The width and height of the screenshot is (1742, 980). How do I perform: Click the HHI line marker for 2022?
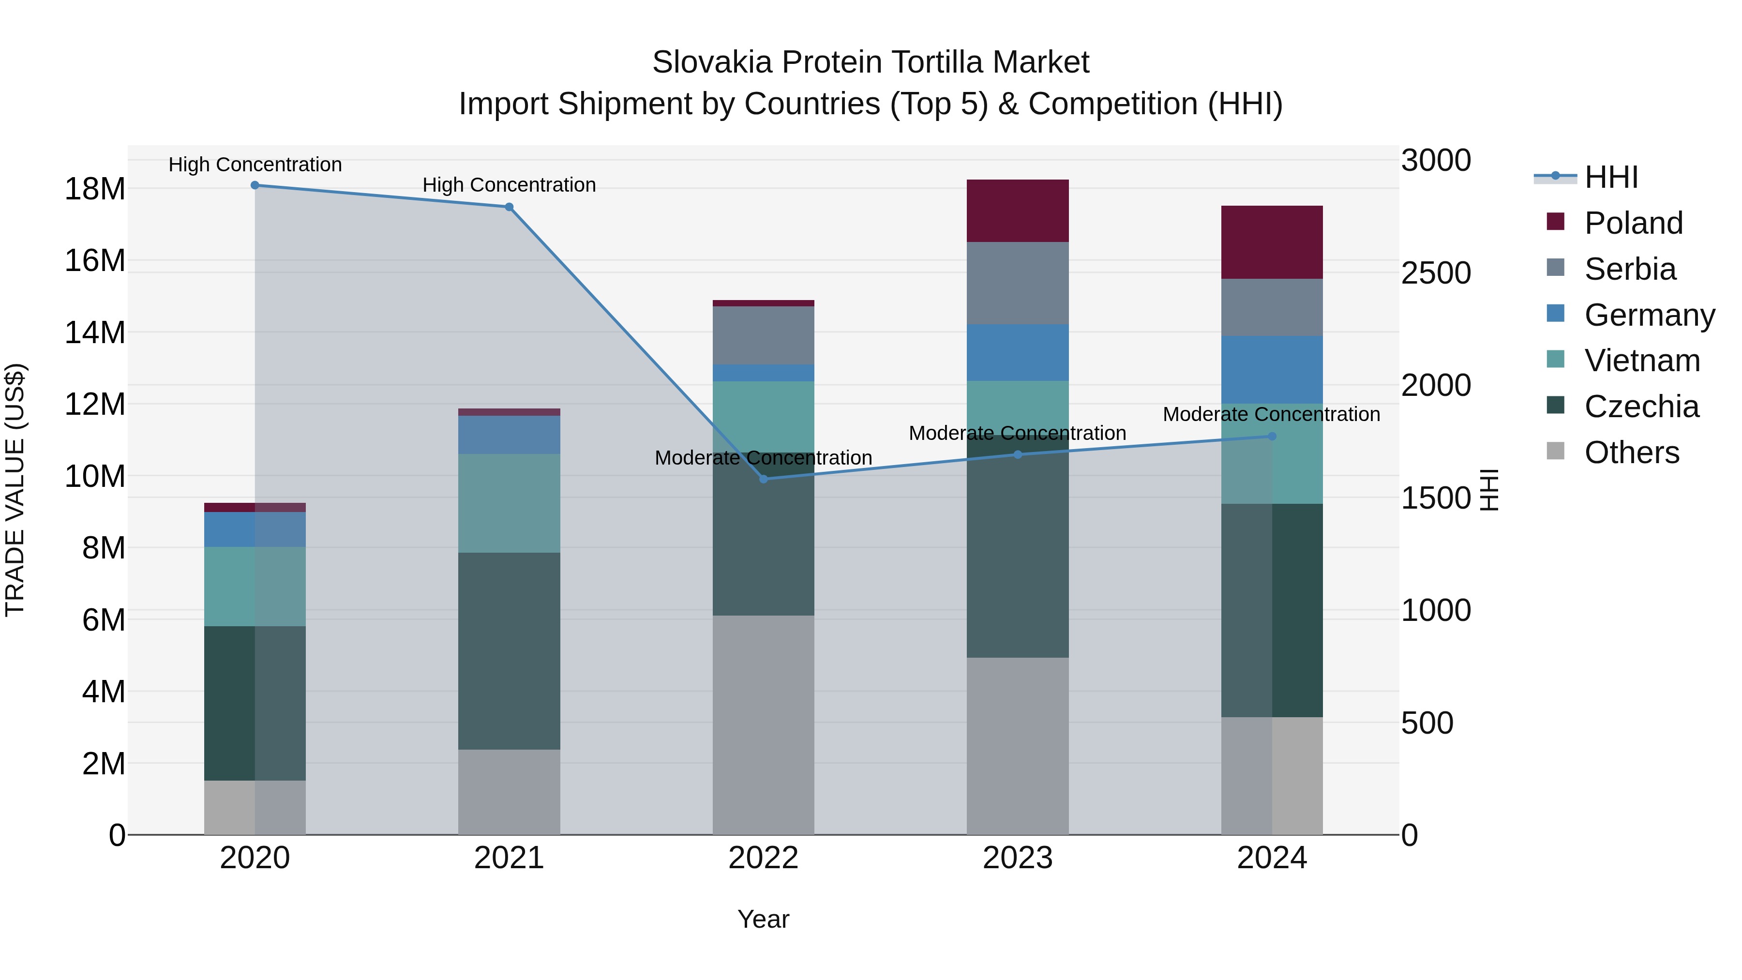point(764,479)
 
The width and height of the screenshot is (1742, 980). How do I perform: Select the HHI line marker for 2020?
point(255,185)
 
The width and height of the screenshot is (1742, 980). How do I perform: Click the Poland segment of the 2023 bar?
point(1017,211)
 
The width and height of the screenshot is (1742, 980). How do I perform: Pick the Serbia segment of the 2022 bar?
point(764,335)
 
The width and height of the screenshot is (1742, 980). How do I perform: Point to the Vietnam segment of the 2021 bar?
point(509,503)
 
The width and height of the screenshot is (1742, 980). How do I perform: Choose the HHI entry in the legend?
point(1611,177)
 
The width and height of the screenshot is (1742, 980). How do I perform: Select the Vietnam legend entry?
point(1641,361)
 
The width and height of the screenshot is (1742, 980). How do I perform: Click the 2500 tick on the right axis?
point(1436,273)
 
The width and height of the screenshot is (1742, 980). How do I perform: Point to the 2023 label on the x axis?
point(1017,858)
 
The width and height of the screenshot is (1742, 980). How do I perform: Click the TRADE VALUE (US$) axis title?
point(15,490)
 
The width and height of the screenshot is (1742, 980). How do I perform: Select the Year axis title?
point(764,919)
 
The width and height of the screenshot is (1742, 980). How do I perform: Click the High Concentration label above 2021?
point(509,185)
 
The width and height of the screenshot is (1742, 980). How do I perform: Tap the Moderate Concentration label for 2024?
point(1271,414)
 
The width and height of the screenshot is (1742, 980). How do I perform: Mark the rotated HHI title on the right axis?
point(1490,490)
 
